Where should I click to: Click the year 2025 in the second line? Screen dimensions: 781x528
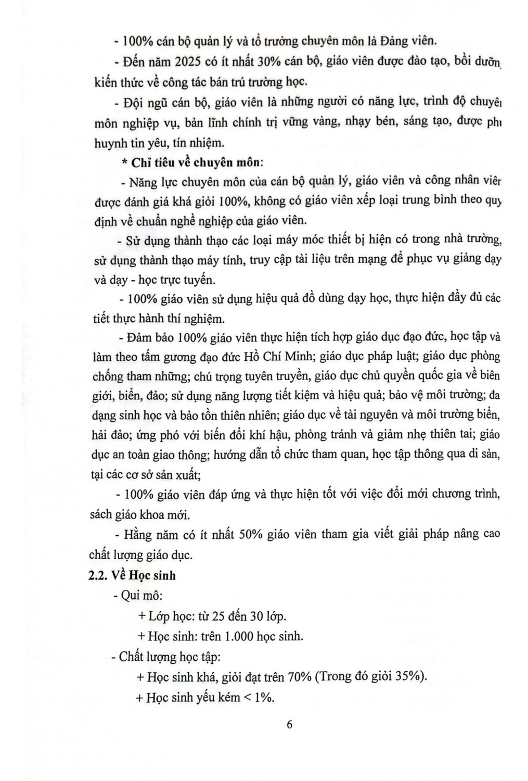tap(195, 61)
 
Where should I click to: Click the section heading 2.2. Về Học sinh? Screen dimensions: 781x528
tap(132, 575)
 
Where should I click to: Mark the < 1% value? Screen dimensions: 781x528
tap(259, 698)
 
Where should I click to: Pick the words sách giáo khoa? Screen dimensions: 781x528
tap(125, 514)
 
